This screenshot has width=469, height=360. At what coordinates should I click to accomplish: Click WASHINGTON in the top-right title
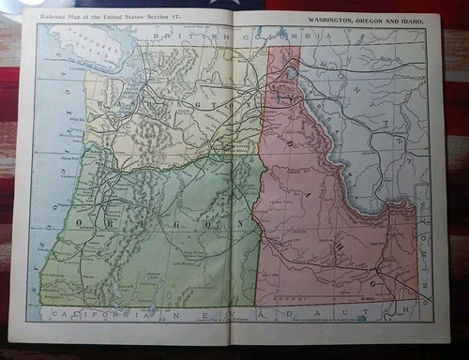(x=334, y=19)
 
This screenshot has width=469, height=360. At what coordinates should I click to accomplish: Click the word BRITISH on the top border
(x=184, y=37)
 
